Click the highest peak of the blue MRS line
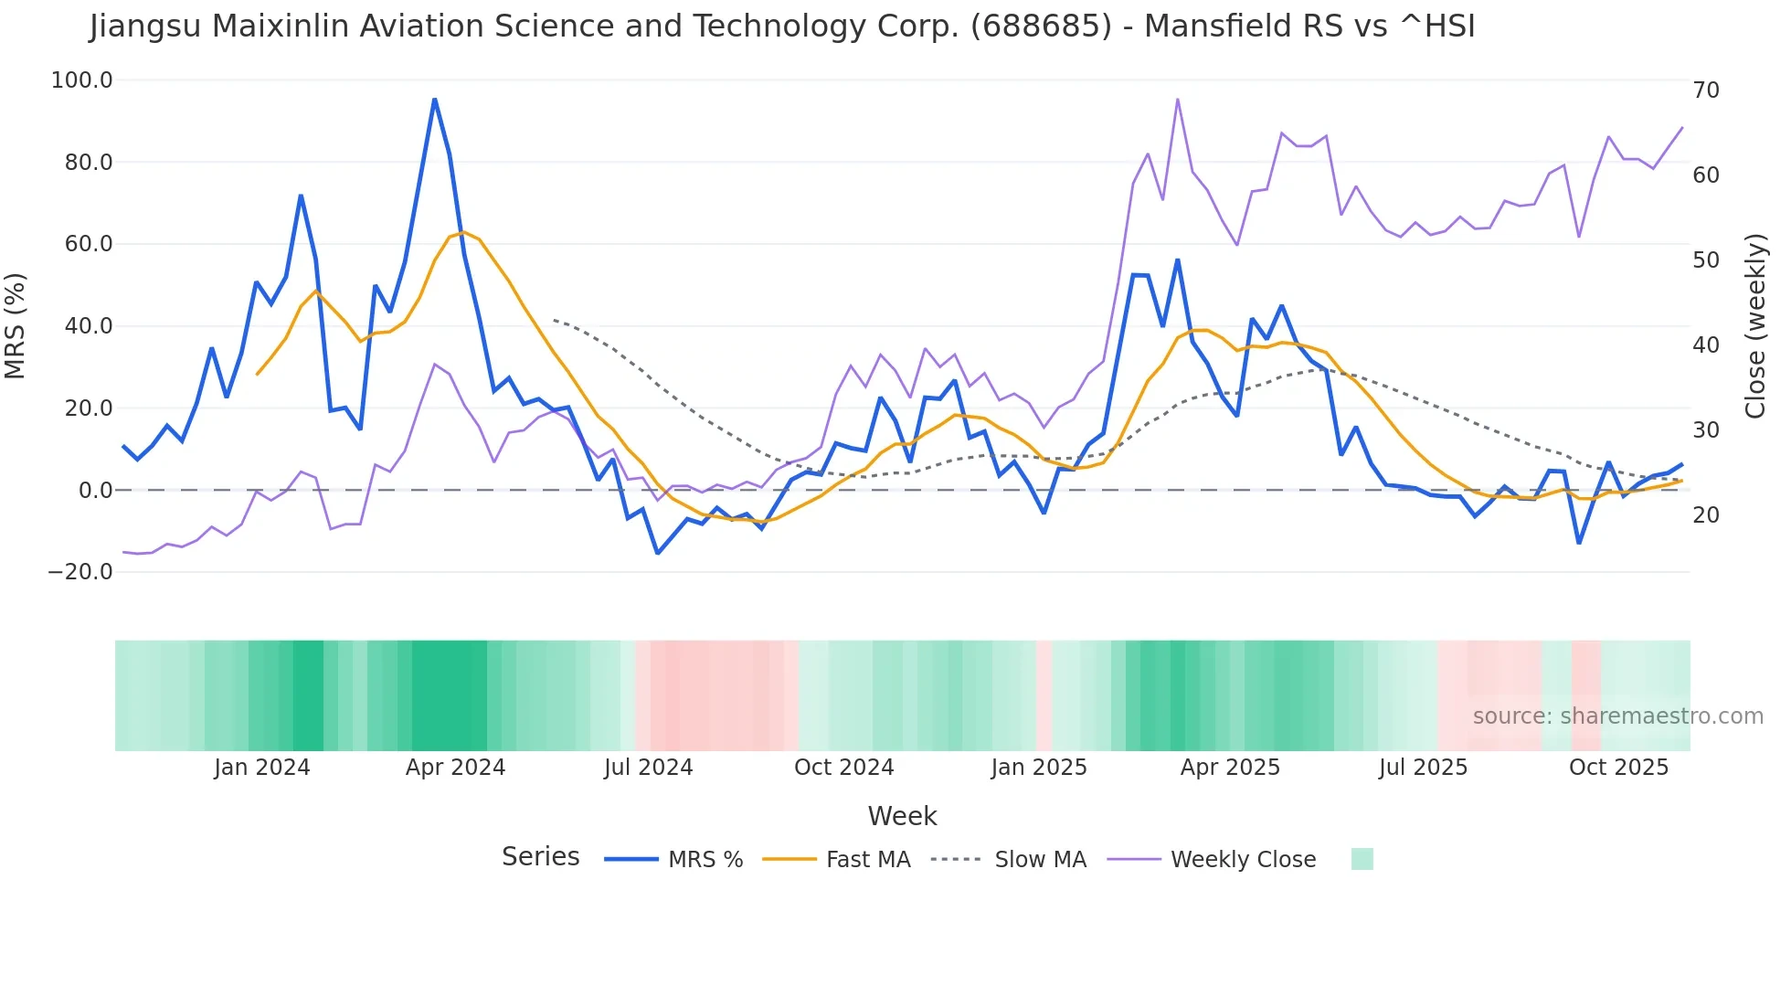[x=435, y=99]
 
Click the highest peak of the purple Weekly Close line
[x=1177, y=99]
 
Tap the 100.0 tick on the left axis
[x=82, y=80]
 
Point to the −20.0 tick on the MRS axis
[x=80, y=572]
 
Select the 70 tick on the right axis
[x=1705, y=90]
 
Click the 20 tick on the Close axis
[x=1705, y=515]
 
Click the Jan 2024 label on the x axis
[x=262, y=768]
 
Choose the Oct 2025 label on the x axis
[x=1618, y=768]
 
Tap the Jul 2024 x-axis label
[x=648, y=768]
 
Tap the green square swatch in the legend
[x=1362, y=859]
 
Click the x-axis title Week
[x=902, y=816]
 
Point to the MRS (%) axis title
[x=16, y=325]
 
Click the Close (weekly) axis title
[x=1754, y=325]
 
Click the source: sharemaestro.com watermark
[x=1617, y=716]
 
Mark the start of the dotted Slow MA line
[x=554, y=320]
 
